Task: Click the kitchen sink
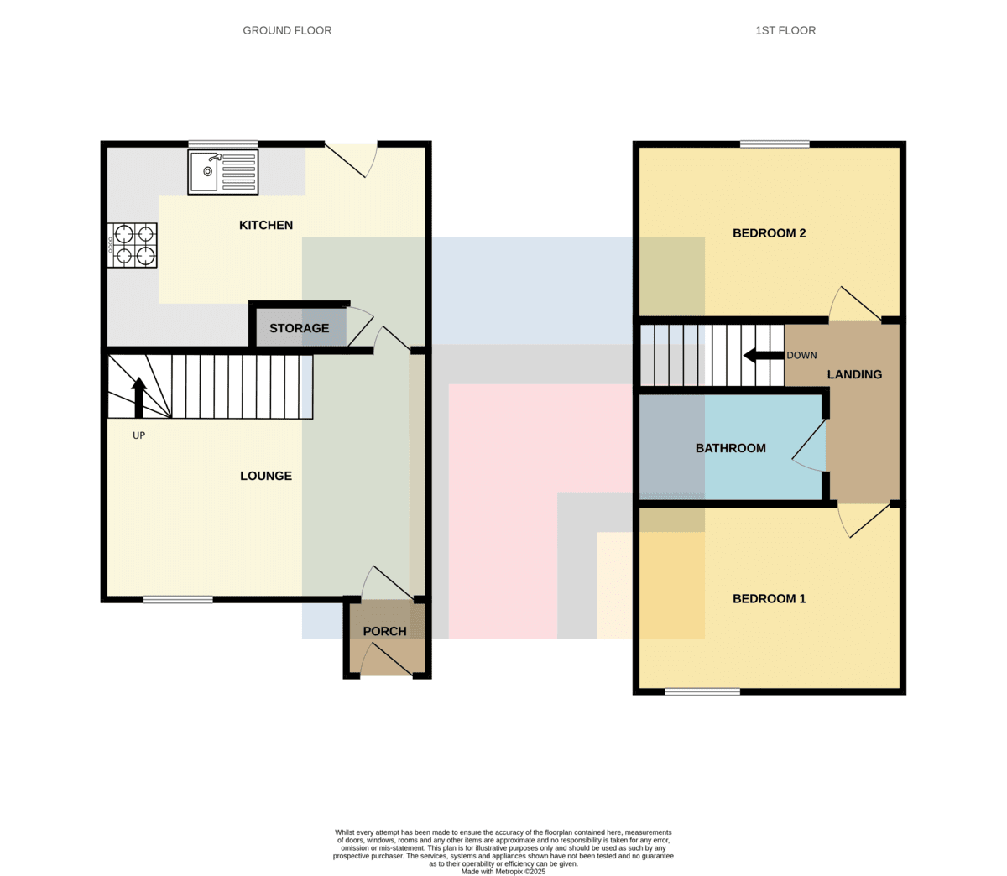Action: [x=222, y=172]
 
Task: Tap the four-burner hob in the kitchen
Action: [x=132, y=245]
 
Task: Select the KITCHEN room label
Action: [x=266, y=225]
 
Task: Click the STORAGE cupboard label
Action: [x=300, y=328]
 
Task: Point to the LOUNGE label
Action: [x=266, y=476]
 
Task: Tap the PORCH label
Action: [x=385, y=632]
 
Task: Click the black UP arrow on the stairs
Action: [x=138, y=398]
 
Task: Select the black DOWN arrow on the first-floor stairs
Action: [x=764, y=355]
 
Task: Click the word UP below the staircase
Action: [x=138, y=435]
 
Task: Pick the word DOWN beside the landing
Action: [x=801, y=355]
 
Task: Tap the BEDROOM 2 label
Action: [x=770, y=233]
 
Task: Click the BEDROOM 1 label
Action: [x=770, y=599]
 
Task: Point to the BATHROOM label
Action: [x=730, y=448]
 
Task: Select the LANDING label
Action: [x=854, y=374]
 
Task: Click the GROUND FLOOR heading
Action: [x=288, y=30]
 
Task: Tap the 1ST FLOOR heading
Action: [x=785, y=30]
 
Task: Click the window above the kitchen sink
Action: [x=223, y=144]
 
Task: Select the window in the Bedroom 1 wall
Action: [x=702, y=691]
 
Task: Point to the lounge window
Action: [x=178, y=599]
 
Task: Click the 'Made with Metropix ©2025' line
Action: [x=503, y=872]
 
